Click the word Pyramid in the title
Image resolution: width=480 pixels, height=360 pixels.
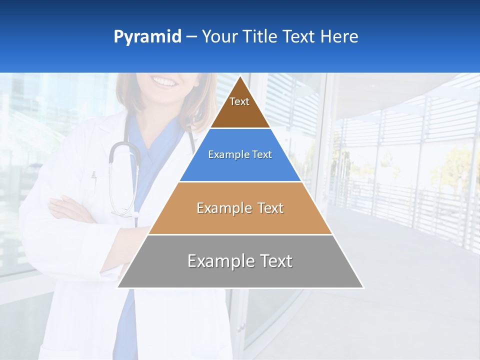coord(147,37)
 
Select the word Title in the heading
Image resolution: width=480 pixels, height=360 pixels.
coord(260,37)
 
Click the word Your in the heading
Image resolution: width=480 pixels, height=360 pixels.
coord(220,37)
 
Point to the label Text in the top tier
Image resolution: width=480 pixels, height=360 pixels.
coord(239,101)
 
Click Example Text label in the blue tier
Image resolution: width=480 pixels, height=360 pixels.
coord(240,154)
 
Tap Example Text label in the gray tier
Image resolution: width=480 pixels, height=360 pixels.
coord(240,261)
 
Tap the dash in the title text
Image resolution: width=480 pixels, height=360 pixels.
coord(191,37)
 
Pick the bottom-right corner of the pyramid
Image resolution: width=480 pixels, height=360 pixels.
coord(363,287)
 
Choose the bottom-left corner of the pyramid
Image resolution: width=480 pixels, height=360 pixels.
coord(117,287)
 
